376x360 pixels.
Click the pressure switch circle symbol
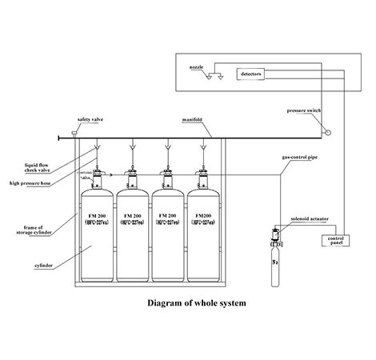(x=324, y=130)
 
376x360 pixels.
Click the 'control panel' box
(x=337, y=239)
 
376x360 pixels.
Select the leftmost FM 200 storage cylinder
(x=97, y=232)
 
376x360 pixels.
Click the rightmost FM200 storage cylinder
(x=204, y=232)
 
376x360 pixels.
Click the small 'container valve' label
(x=86, y=174)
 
